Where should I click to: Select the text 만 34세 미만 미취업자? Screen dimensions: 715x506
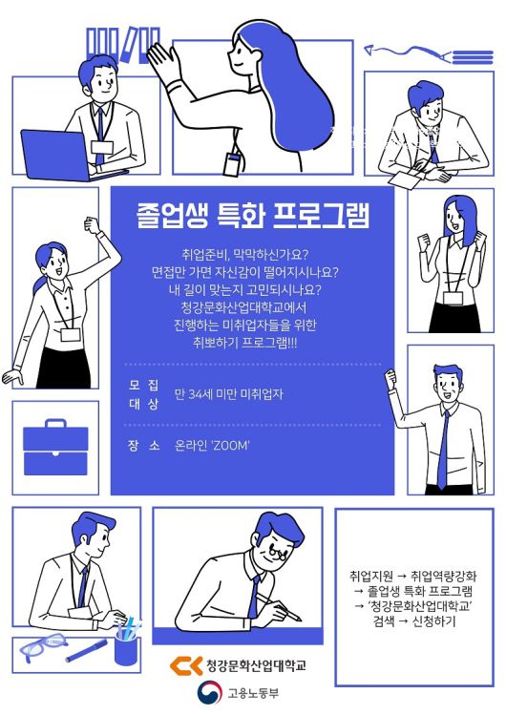[x=229, y=393]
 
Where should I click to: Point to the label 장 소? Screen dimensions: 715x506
[x=143, y=445]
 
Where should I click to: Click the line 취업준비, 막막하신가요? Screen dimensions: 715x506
[x=251, y=256]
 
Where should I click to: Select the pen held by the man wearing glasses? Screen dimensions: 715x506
[x=287, y=611]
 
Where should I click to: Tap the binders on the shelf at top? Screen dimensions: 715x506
[x=122, y=43]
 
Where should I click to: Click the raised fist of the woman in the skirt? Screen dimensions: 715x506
[x=92, y=227]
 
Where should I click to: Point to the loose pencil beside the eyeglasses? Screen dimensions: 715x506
[x=87, y=651]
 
